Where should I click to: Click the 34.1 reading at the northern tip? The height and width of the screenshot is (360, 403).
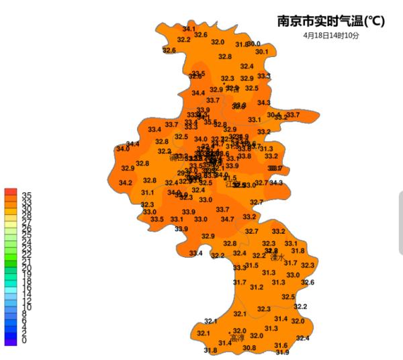189,29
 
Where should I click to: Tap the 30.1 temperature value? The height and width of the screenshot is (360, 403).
261,52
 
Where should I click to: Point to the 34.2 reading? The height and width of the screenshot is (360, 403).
126,183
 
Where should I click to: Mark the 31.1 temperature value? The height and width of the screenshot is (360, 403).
147,193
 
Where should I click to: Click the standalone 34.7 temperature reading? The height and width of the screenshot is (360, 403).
228,219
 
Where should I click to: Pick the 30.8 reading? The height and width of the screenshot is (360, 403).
249,347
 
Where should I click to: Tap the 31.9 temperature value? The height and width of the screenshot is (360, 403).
282,352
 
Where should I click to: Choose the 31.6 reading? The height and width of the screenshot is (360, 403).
281,345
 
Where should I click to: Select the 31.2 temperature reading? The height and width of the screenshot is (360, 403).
257,287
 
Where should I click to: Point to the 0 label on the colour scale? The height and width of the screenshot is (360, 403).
24,341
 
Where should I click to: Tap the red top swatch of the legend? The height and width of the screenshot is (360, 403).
10,192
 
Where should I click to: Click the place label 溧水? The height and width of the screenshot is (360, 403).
277,257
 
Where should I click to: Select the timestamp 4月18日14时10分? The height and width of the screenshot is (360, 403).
331,35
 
